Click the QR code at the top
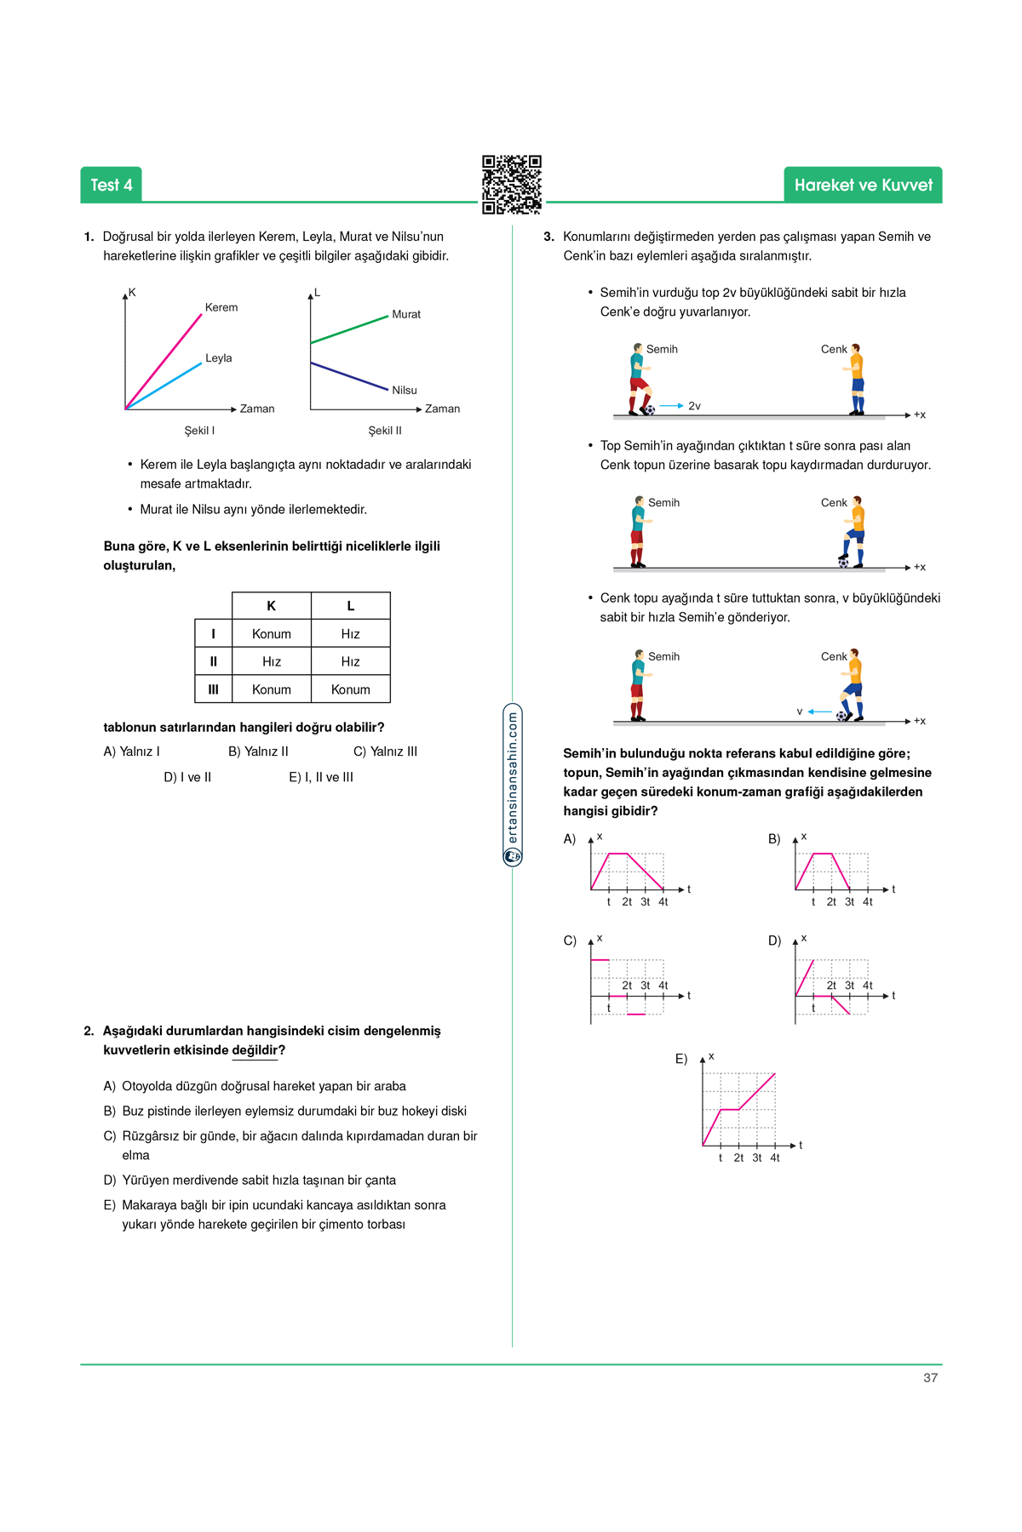click(511, 184)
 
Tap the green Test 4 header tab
click(112, 185)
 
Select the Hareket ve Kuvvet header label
click(863, 185)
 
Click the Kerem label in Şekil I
click(221, 307)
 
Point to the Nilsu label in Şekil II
click(405, 390)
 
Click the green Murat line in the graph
click(349, 329)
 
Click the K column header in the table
click(272, 606)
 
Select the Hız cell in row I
click(351, 634)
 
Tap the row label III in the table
click(213, 689)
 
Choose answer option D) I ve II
click(187, 777)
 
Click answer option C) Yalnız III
click(385, 752)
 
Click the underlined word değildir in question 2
click(255, 1050)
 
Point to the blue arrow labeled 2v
click(671, 406)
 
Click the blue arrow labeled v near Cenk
click(819, 712)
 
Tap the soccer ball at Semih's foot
click(650, 410)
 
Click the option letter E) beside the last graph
click(681, 1059)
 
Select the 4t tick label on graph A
click(663, 902)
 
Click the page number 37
click(930, 1377)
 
